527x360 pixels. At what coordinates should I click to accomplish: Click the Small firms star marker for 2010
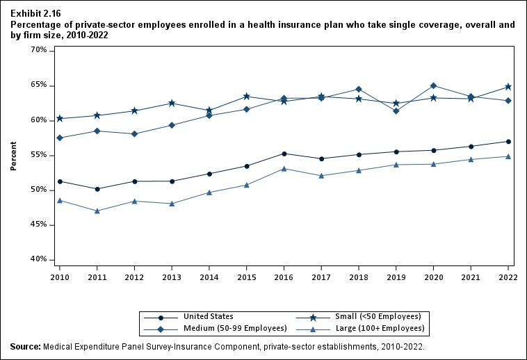click(60, 118)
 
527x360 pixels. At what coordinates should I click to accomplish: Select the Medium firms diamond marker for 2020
click(434, 85)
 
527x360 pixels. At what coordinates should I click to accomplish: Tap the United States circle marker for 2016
click(284, 154)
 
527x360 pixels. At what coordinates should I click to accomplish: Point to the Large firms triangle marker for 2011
click(97, 211)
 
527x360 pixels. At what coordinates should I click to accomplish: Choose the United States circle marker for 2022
click(509, 141)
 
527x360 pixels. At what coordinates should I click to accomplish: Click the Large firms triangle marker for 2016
click(284, 168)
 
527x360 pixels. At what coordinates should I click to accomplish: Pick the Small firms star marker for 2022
click(509, 87)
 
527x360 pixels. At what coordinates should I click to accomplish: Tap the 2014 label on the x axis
click(209, 276)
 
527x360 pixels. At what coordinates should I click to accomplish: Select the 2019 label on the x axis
click(396, 276)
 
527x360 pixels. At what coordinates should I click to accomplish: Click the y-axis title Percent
click(14, 155)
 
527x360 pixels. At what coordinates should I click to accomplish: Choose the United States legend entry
click(209, 316)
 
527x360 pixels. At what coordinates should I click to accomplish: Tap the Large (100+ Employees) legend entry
click(386, 328)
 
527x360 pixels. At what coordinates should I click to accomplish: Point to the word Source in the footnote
click(25, 346)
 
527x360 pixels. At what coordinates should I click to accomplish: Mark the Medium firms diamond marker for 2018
click(359, 89)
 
